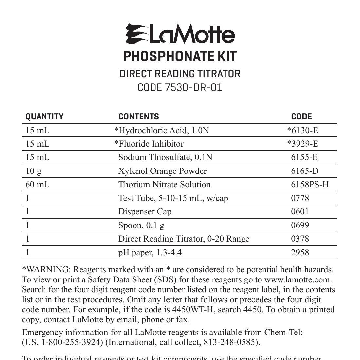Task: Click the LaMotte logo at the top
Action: pos(180,34)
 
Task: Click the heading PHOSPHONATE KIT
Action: pos(180,56)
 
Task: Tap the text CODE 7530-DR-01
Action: pos(180,88)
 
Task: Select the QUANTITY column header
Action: pos(45,117)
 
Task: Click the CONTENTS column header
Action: pos(138,117)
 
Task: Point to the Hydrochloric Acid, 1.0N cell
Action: pos(161,131)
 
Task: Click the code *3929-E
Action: pos(302,144)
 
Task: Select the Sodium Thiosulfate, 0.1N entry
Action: pos(165,157)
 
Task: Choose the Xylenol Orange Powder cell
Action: pos(162,171)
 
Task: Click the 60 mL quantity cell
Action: pos(37,185)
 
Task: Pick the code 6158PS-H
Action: pos(310,185)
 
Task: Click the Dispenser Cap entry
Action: pos(145,212)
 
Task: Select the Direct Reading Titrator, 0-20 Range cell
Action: pos(184,239)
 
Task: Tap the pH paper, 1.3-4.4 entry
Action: pos(150,253)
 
